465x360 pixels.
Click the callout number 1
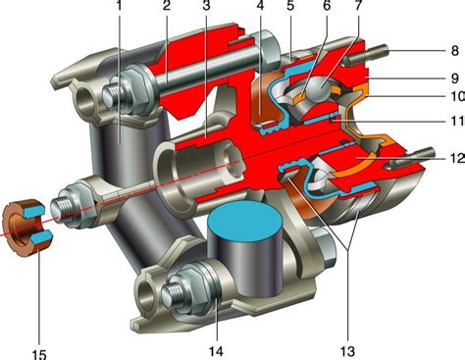(120, 5)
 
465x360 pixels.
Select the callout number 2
(167, 5)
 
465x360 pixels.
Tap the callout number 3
(206, 5)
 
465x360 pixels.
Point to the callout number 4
(260, 5)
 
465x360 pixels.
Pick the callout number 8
(455, 51)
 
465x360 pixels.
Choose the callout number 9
(455, 78)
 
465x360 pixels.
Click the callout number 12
(458, 158)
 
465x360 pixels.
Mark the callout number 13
(347, 352)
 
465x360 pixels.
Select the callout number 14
(216, 352)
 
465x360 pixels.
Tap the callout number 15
(39, 354)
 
